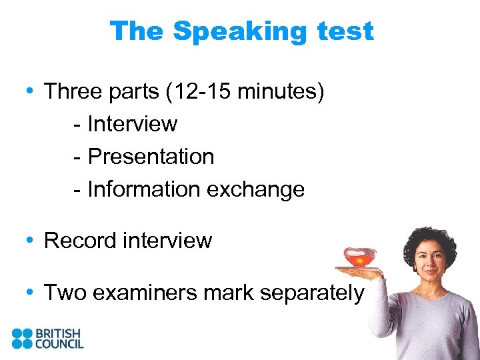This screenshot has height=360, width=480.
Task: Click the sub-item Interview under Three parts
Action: (132, 124)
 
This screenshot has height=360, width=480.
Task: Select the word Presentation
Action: (151, 157)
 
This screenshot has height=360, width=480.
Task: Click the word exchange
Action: (255, 189)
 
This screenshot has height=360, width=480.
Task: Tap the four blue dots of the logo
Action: (22, 338)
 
